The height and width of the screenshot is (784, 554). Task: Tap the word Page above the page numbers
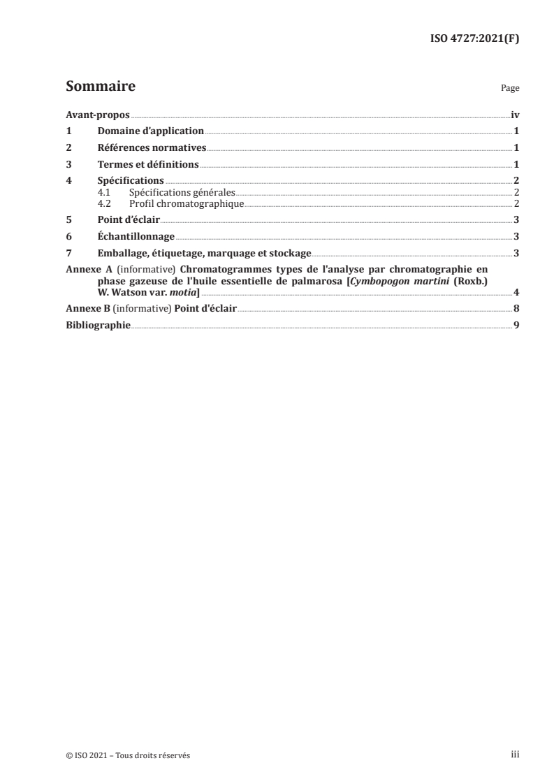click(510, 89)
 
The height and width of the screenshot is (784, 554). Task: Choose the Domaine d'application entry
click(150, 131)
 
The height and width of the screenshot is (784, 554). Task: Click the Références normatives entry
click(152, 148)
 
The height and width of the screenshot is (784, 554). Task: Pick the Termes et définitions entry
click(148, 165)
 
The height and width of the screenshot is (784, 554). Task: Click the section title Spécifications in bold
click(131, 181)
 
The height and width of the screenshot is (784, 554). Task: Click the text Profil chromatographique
click(186, 203)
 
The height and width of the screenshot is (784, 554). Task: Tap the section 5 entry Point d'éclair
click(129, 219)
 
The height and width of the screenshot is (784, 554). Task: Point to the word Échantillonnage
click(136, 236)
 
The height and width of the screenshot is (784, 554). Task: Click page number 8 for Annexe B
click(516, 308)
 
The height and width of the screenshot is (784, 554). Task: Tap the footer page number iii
click(515, 755)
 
